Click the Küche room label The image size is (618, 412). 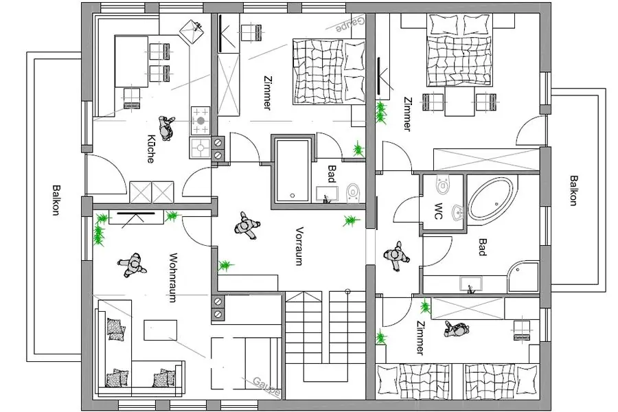150,148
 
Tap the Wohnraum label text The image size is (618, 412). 172,277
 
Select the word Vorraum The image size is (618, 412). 299,246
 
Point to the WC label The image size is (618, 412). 439,211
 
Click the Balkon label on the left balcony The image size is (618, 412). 57,200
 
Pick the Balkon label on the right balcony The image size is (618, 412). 574,190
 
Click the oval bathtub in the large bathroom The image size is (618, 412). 492,198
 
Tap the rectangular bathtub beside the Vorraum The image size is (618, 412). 293,170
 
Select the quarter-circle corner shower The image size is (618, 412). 523,277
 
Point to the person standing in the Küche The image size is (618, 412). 166,128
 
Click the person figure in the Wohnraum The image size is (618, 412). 132,265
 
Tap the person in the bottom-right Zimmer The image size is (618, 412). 457,329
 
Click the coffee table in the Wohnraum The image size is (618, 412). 161,330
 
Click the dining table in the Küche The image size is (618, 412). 132,61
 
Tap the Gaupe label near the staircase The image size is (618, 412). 267,387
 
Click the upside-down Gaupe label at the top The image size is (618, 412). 350,25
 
